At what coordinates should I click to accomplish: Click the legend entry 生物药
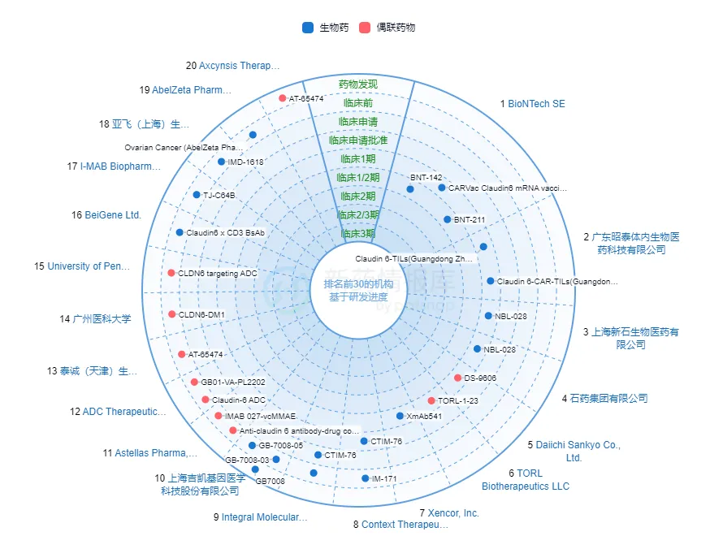(x=325, y=28)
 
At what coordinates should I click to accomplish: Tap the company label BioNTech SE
(x=536, y=104)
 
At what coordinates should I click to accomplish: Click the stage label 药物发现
(x=357, y=84)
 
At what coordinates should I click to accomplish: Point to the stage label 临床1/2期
(x=357, y=177)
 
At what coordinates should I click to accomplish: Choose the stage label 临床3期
(x=357, y=233)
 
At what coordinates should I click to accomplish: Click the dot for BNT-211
(x=447, y=219)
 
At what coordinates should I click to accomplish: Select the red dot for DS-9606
(x=458, y=378)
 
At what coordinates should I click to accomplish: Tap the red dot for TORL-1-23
(x=431, y=400)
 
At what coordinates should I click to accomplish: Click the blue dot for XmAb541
(x=400, y=416)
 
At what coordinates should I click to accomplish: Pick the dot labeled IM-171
(x=365, y=478)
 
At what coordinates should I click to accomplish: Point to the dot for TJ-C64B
(x=197, y=195)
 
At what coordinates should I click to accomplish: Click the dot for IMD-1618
(x=221, y=162)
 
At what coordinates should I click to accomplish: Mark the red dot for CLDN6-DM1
(x=171, y=314)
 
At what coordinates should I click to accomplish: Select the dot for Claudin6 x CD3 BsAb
(x=180, y=232)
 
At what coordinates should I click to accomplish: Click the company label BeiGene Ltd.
(x=113, y=215)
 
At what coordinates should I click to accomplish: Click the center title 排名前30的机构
(x=357, y=284)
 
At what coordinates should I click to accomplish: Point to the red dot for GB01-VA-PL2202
(x=194, y=382)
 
